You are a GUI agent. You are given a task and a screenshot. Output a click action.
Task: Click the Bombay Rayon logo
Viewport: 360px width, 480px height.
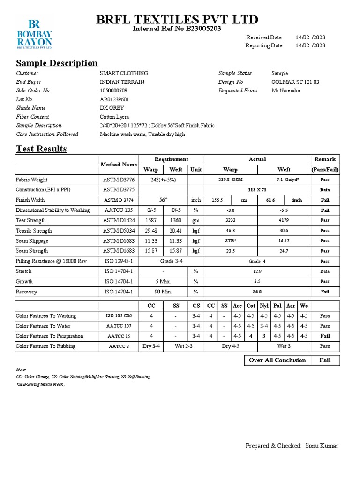tap(34, 34)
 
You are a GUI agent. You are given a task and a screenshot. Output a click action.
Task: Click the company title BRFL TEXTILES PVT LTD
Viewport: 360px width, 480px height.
tap(177, 20)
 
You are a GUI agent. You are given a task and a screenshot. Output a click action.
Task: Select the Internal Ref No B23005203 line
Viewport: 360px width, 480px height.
tap(177, 29)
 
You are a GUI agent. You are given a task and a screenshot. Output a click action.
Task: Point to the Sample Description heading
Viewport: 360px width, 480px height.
tap(57, 63)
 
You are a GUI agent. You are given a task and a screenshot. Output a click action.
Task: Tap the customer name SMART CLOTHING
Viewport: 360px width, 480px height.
tap(124, 73)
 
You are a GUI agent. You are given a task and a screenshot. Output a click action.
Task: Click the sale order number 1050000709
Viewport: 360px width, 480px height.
tap(113, 90)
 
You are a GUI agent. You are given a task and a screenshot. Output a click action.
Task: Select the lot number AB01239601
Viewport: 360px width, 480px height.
tap(114, 99)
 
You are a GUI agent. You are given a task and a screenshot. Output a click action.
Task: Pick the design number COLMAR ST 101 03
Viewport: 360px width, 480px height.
tap(295, 82)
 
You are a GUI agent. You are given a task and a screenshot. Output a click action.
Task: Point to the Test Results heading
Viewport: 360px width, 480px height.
tap(41, 149)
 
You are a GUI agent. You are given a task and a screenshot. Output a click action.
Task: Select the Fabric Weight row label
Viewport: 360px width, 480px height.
tap(31, 180)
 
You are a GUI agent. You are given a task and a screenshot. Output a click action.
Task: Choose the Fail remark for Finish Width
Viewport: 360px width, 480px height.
tap(325, 200)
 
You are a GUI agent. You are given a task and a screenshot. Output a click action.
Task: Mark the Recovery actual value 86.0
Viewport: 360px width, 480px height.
tap(257, 292)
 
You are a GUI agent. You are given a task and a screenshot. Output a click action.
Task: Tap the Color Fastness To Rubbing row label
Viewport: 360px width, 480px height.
tap(45, 346)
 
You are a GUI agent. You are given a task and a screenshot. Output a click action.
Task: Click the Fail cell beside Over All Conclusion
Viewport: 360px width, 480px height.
tap(325, 360)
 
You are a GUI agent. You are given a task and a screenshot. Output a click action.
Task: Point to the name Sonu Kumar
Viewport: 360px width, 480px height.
tap(322, 446)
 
